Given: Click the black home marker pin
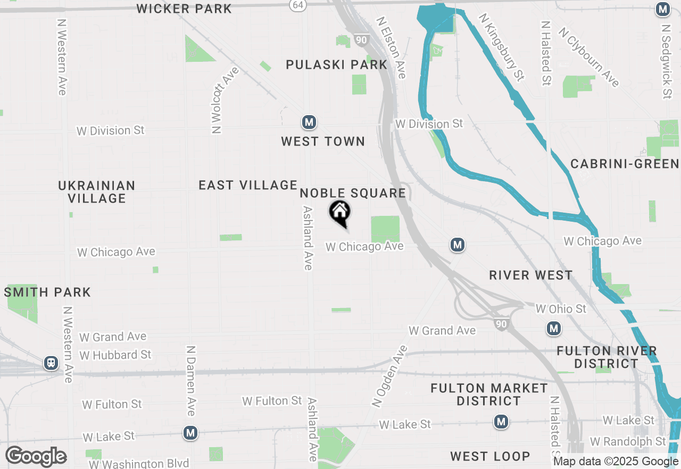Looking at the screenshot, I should (340, 213).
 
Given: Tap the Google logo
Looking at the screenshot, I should (36, 457).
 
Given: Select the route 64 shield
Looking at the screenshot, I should (297, 4).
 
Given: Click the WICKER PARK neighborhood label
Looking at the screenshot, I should (184, 9).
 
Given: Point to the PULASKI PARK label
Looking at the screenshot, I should (336, 65).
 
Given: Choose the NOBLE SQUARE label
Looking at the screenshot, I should (353, 193).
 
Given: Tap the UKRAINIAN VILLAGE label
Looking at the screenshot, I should (97, 192).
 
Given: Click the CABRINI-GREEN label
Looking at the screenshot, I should (625, 164).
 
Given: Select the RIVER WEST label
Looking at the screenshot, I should (531, 276).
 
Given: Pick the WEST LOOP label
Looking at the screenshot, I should (490, 456).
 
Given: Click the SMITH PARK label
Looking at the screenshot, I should (47, 292).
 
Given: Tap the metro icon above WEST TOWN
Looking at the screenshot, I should (309, 123).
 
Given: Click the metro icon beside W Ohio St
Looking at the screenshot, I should (554, 328).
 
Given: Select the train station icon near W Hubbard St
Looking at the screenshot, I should (51, 363).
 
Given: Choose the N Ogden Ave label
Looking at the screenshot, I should (391, 376).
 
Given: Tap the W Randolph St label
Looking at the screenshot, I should (628, 442).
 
